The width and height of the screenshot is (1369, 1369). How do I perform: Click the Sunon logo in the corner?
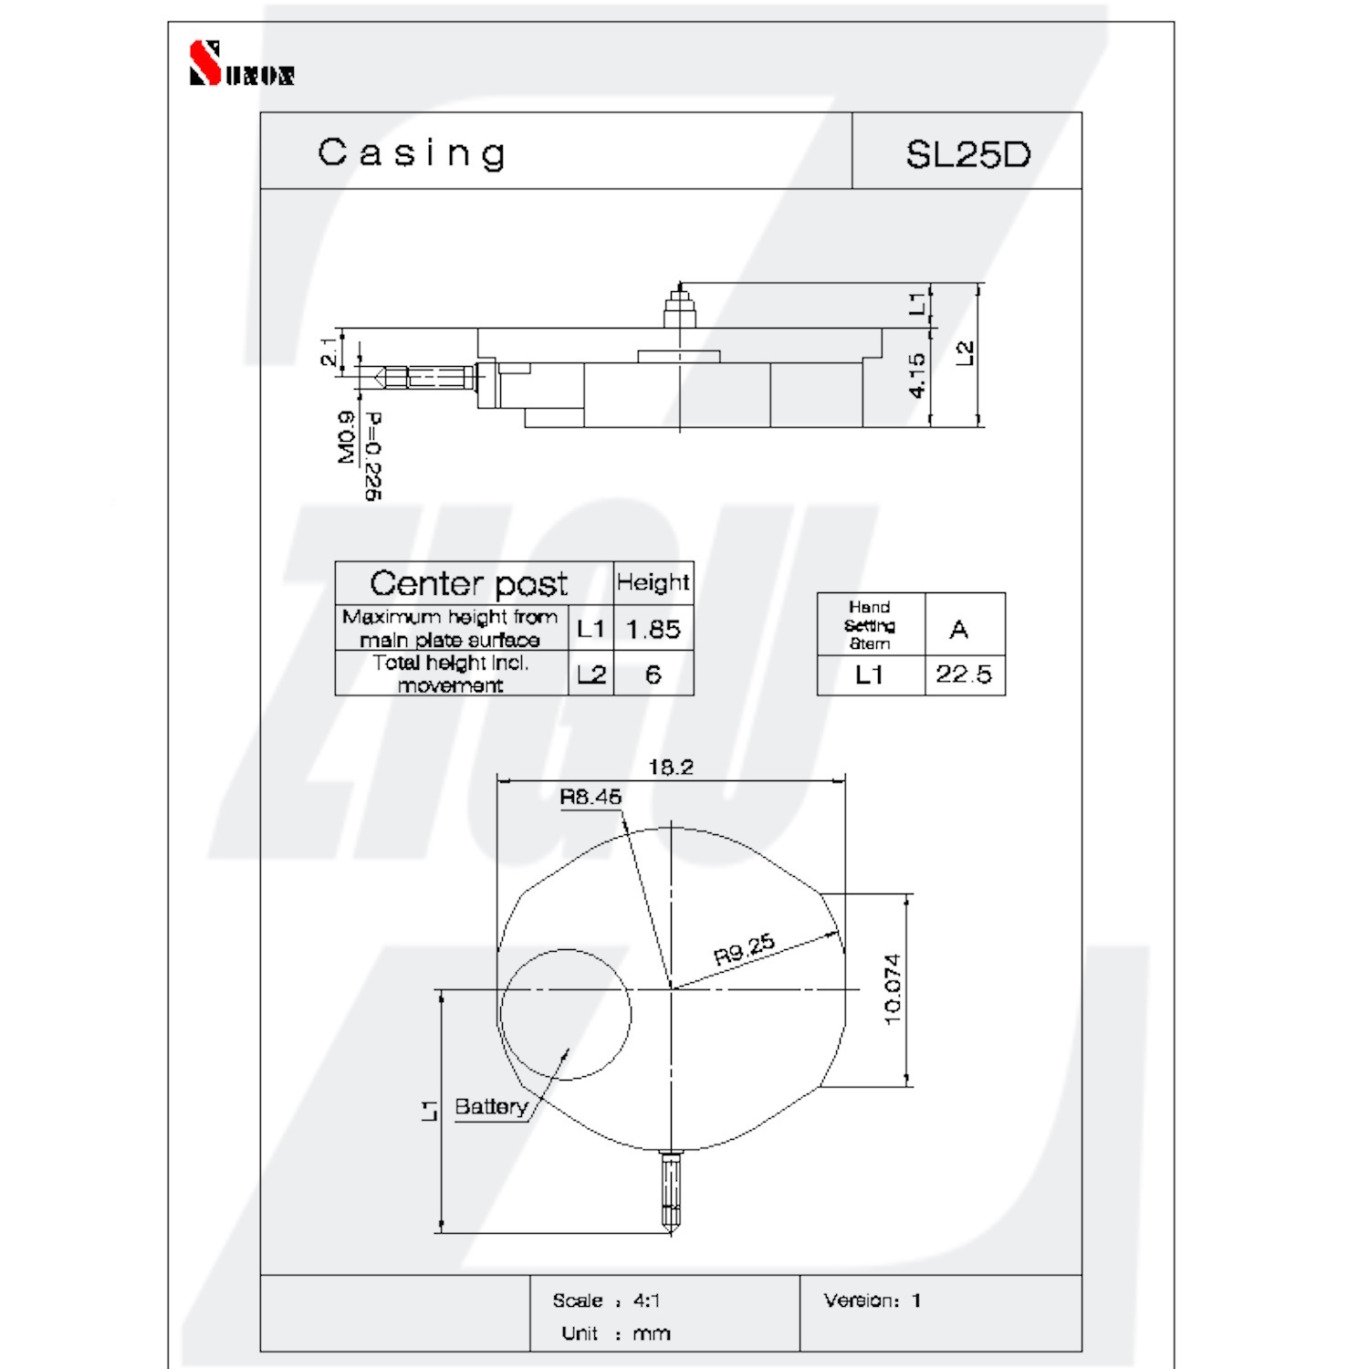[241, 63]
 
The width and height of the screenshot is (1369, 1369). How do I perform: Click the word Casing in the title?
[412, 153]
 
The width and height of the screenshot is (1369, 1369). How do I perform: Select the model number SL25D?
[967, 154]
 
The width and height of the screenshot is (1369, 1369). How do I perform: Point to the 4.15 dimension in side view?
[916, 375]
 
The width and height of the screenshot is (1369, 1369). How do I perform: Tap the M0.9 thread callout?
[347, 437]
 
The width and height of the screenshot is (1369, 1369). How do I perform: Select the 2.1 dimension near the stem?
[329, 351]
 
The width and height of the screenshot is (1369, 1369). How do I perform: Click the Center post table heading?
[468, 583]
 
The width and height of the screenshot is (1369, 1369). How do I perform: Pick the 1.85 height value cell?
[653, 629]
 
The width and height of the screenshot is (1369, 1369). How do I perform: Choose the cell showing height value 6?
[653, 674]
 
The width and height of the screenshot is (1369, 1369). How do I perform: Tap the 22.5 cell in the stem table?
[965, 674]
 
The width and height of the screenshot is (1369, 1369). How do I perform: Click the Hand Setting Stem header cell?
[871, 624]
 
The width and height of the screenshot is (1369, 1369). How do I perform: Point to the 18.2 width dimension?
[671, 767]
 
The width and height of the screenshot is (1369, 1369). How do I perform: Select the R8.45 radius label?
[590, 797]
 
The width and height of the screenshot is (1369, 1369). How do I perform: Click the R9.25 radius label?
[745, 949]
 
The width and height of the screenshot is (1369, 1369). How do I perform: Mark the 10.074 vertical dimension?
[893, 989]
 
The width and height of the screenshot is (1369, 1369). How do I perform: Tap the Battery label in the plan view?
[491, 1107]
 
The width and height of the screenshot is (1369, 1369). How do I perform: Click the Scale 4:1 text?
[606, 1301]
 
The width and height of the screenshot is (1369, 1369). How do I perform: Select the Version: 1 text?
[873, 1300]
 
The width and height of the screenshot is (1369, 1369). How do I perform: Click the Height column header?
[653, 582]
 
